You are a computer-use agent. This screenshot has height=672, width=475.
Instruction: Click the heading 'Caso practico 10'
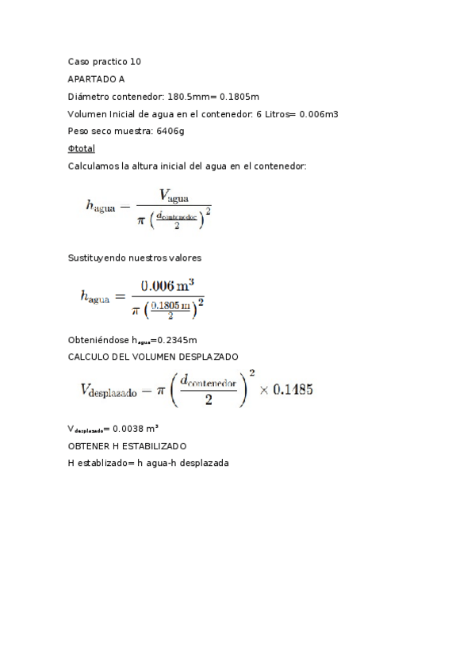[105, 61]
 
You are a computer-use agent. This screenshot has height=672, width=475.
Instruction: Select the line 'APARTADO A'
[96, 78]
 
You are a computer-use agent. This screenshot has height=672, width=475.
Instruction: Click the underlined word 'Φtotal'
[82, 148]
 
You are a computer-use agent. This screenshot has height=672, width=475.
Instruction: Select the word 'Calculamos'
[94, 166]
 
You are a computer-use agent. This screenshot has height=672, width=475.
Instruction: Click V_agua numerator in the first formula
[174, 194]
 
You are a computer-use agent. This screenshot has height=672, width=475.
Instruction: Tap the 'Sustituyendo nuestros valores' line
[135, 258]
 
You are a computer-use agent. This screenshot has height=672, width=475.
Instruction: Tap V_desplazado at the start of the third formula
[109, 389]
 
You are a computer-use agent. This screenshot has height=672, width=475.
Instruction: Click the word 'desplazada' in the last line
[203, 463]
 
